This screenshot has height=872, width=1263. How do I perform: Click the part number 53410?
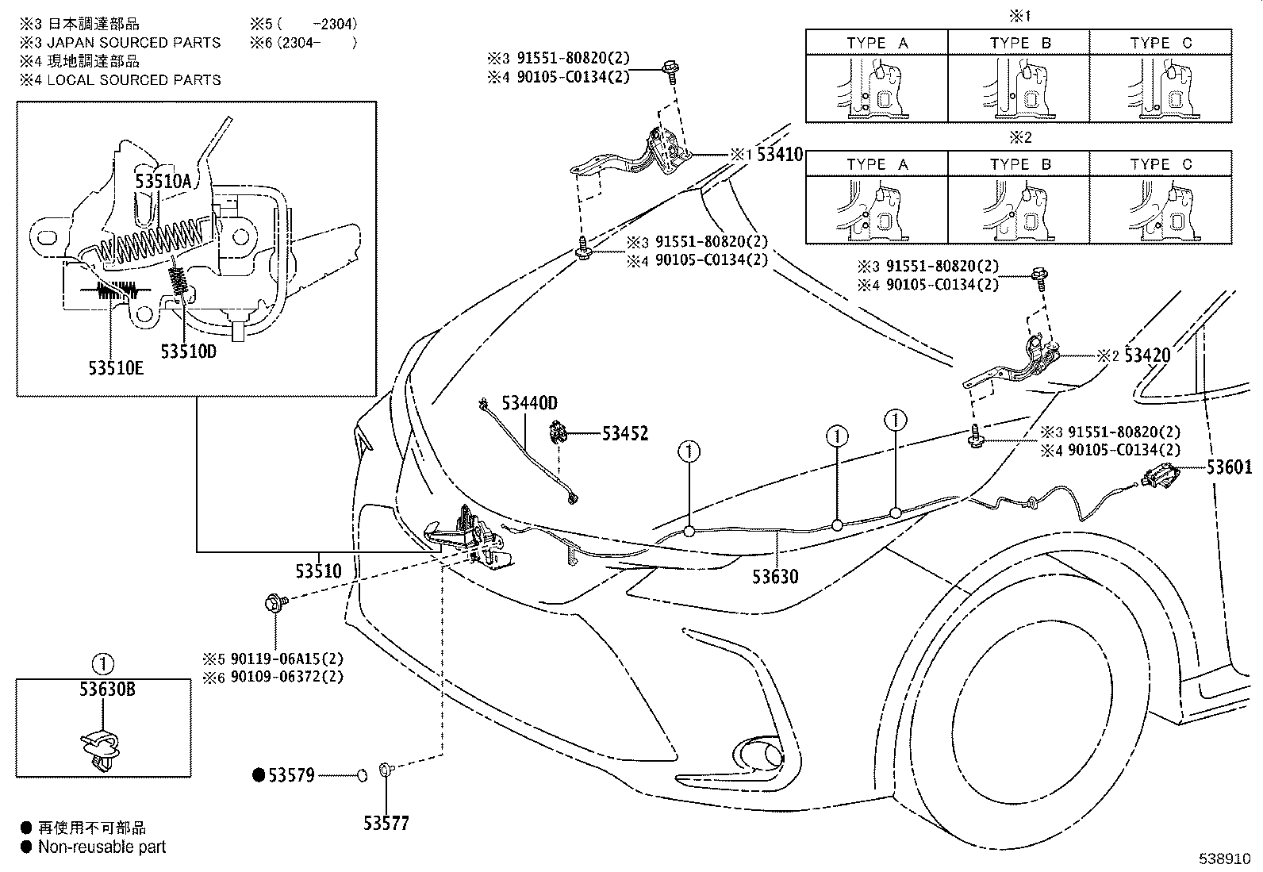(x=779, y=154)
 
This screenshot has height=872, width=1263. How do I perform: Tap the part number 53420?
(x=1147, y=355)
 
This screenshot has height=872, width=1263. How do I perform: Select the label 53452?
(x=624, y=433)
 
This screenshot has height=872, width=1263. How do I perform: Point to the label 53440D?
(x=529, y=403)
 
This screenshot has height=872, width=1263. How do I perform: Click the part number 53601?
(x=1229, y=467)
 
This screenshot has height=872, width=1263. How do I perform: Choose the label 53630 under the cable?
(x=775, y=577)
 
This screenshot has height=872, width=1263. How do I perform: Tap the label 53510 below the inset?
(x=319, y=570)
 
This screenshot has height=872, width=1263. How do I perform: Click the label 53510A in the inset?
(x=163, y=181)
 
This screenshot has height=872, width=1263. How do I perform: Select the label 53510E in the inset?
(x=116, y=367)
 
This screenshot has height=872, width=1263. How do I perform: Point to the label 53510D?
(x=188, y=351)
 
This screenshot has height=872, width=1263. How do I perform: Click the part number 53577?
(x=386, y=823)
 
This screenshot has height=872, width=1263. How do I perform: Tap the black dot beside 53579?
(x=259, y=775)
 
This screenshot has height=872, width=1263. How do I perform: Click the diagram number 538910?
(x=1225, y=859)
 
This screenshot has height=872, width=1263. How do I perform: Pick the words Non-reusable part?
(x=102, y=847)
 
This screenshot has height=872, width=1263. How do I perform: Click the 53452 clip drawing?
(x=559, y=433)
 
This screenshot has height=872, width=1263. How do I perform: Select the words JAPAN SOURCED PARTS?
(x=133, y=43)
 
